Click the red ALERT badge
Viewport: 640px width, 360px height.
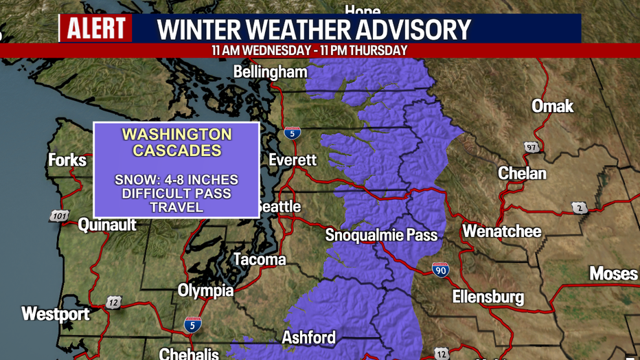coord(96,29)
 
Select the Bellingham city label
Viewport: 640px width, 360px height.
coord(270,71)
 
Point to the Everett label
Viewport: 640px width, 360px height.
coord(293,159)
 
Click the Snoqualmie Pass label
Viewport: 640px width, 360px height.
coord(381,235)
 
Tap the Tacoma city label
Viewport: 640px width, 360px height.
coord(260,260)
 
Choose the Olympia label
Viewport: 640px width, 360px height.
coord(206,291)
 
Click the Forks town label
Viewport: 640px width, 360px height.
coord(67,160)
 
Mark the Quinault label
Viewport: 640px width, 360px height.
coord(107,225)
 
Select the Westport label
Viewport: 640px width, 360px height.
coord(56,314)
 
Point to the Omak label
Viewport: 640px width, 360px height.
coord(552,106)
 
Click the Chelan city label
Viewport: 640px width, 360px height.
coord(522,173)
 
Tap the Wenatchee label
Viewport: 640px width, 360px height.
coord(502,232)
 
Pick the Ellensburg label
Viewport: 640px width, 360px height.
coord(488,297)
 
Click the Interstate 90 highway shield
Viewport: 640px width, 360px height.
coord(441,270)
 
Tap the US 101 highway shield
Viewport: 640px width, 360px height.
coord(59,216)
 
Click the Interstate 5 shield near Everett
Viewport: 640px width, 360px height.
coord(293,133)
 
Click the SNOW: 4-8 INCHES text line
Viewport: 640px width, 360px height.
coord(176,180)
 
